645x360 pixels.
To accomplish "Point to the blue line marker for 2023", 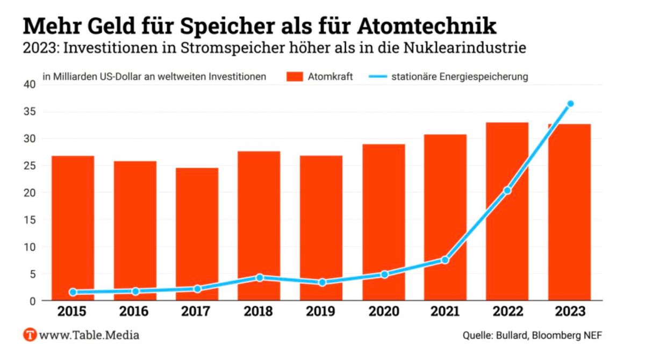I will coord(570,104).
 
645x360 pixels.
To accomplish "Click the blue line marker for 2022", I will coord(507,191).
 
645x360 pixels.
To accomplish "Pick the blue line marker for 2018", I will coord(259,278).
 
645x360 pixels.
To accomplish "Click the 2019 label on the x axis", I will coord(321,312).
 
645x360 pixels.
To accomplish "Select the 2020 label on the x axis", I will coord(383,312).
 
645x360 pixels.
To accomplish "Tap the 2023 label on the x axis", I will coord(569,312).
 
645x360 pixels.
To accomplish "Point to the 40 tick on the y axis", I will coord(30,84).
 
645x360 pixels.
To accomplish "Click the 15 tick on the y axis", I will coord(30,220).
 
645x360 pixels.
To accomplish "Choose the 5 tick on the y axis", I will coord(32,274).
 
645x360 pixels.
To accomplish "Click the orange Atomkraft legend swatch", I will coord(295,76).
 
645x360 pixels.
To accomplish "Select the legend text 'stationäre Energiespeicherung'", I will coord(460,76).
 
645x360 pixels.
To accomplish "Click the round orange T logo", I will coord(30,335).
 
